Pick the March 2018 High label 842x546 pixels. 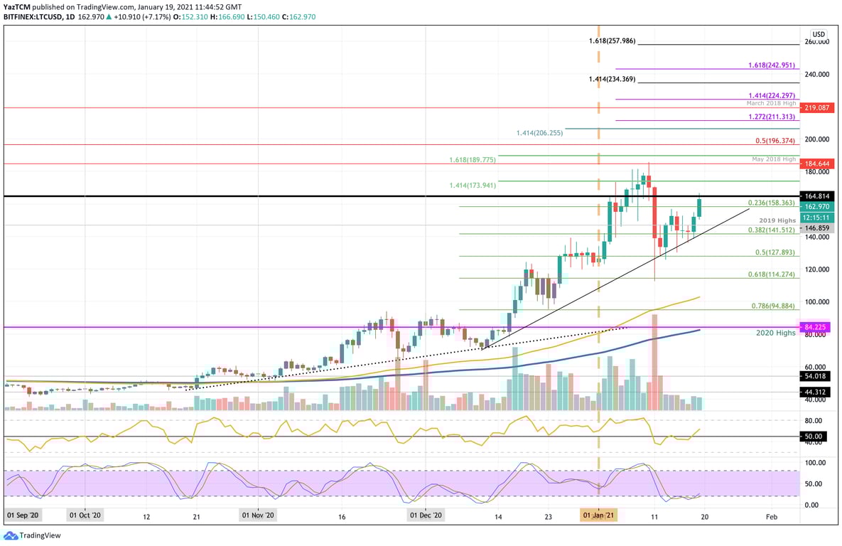point(770,103)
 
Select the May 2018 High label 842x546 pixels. point(773,159)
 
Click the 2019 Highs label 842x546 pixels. point(777,220)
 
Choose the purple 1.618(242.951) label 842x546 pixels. point(772,65)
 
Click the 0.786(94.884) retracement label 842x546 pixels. point(773,306)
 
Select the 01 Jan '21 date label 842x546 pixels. point(598,515)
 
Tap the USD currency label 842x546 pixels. point(819,33)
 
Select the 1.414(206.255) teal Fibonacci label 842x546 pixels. point(539,133)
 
